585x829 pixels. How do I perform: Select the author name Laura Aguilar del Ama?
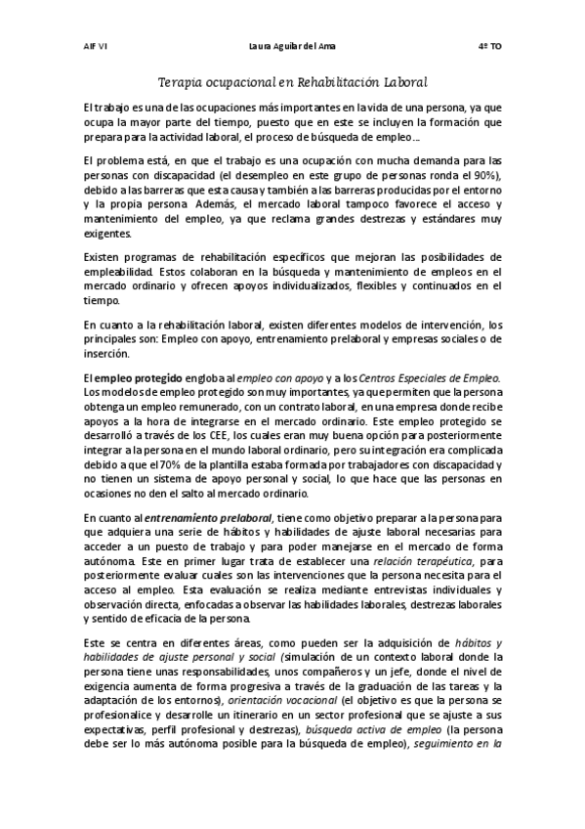292,46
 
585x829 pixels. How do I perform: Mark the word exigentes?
110,234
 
